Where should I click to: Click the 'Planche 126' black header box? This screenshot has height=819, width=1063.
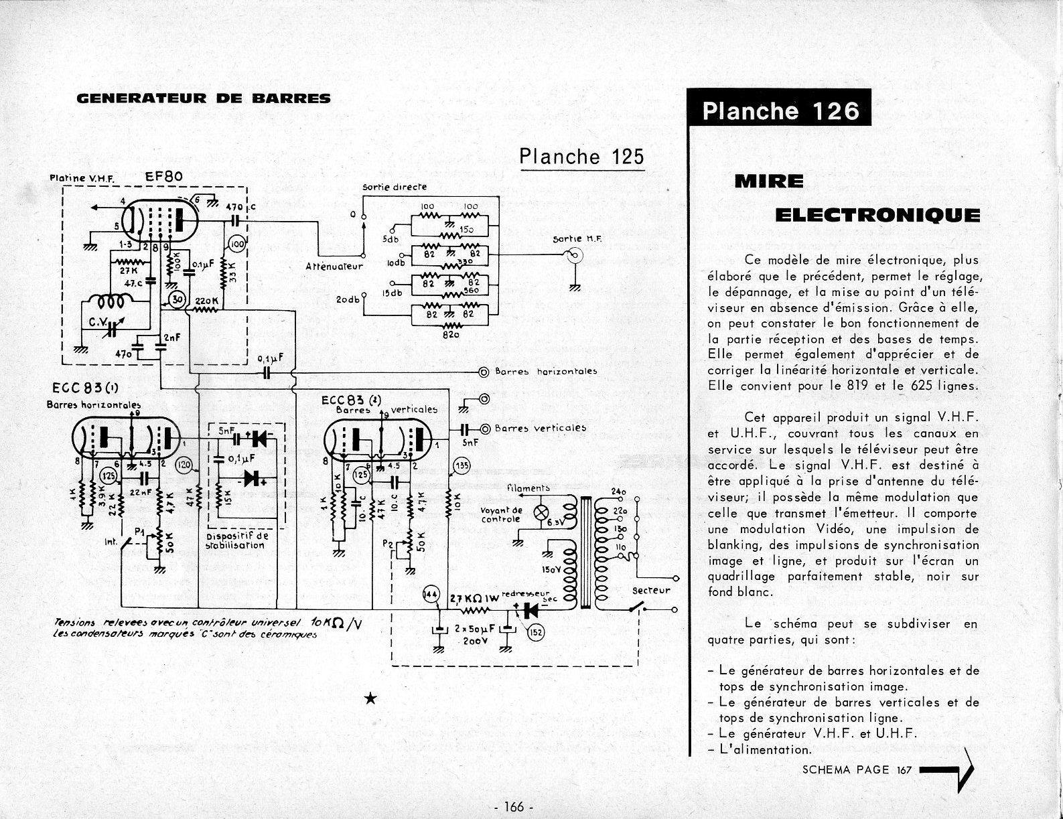click(x=780, y=110)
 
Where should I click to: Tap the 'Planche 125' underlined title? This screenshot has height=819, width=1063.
click(x=581, y=156)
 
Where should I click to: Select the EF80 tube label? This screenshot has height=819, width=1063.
click(x=164, y=177)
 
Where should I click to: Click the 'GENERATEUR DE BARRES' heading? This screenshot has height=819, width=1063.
click(x=204, y=98)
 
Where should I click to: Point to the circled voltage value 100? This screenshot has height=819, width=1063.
click(x=237, y=245)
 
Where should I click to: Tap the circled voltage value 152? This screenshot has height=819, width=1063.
click(x=535, y=631)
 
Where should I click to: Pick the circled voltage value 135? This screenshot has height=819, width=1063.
click(x=461, y=465)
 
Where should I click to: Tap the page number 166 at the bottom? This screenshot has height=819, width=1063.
click(x=512, y=807)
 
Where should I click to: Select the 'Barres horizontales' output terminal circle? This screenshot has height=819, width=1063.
click(x=482, y=371)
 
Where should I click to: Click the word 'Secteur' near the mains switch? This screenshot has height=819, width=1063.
click(x=650, y=590)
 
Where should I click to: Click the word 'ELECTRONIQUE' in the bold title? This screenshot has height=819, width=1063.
click(x=877, y=215)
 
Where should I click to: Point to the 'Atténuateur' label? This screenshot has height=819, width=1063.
click(x=334, y=266)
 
